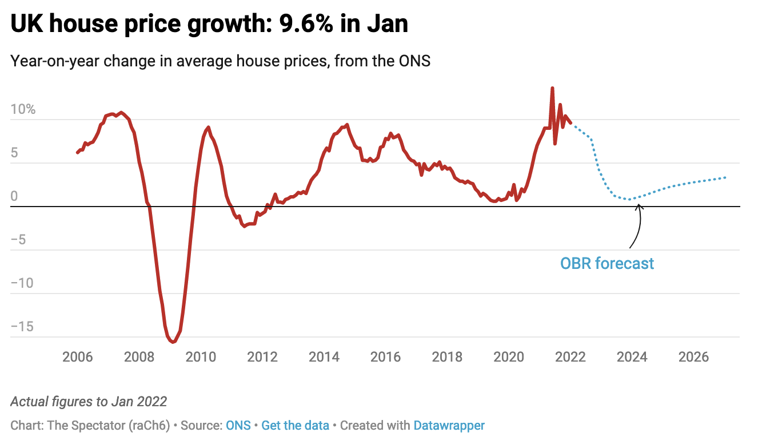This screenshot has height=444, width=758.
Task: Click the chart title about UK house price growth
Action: (209, 25)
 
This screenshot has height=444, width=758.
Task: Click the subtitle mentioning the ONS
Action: (220, 61)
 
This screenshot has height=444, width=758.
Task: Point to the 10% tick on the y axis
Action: (23, 109)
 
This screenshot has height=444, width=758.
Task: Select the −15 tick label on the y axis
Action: (22, 327)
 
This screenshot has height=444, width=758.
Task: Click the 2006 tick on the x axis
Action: (77, 357)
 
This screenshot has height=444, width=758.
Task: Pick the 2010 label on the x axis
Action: (201, 357)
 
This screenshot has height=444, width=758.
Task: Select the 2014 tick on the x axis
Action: (324, 357)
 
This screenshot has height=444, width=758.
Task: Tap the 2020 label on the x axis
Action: (509, 357)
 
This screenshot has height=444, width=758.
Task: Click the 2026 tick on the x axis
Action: (694, 357)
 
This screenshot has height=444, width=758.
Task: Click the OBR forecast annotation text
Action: (607, 263)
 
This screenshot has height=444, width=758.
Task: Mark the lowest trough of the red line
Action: (173, 342)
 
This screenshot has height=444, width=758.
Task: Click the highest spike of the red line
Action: (552, 88)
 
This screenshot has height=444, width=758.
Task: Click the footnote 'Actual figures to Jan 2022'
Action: (89, 401)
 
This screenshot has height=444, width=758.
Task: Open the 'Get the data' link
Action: (295, 426)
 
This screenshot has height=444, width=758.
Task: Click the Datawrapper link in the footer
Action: (449, 426)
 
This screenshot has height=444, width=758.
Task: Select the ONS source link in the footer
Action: (238, 426)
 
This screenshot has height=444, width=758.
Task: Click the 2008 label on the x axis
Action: (139, 357)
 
